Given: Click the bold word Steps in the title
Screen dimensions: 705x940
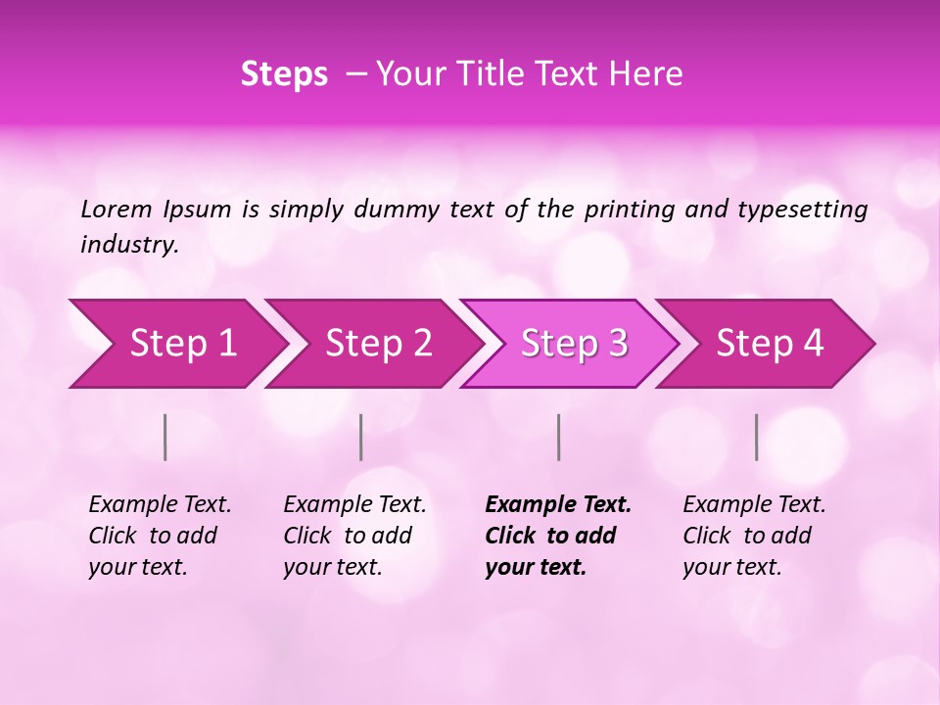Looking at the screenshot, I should click(284, 74).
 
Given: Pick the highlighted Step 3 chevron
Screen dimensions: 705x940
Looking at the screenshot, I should click(573, 344).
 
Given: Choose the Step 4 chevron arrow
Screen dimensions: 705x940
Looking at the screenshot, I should click(769, 344).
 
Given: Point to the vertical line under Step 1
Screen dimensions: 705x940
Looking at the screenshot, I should click(165, 437).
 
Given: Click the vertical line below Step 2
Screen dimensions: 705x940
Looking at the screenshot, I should click(361, 437).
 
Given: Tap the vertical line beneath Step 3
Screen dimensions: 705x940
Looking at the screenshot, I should click(559, 437).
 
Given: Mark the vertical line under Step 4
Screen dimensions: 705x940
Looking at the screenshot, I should click(757, 437).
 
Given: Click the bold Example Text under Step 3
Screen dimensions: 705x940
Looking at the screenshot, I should click(558, 505).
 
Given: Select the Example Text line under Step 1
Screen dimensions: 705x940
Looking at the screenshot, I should click(160, 505).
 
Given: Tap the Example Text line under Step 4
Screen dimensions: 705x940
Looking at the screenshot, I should click(754, 505).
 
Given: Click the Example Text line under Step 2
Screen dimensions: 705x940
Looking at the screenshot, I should click(354, 505).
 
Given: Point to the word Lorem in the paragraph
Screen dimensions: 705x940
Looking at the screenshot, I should click(117, 210).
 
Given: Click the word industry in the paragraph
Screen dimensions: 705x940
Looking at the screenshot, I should click(129, 245).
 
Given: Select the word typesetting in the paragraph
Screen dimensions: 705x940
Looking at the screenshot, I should click(802, 210).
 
